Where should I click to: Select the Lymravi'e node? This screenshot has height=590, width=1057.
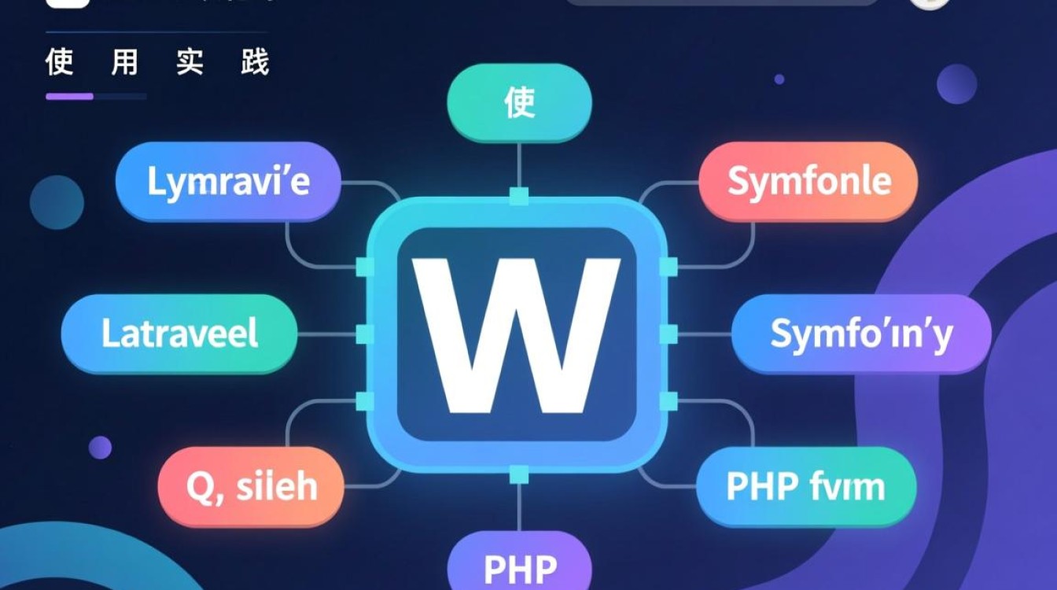228,183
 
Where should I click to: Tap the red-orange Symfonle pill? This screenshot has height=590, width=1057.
808,182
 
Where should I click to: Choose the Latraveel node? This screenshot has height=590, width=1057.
179,334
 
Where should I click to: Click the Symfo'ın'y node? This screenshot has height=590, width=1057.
860,334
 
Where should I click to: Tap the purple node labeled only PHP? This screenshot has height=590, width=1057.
519,565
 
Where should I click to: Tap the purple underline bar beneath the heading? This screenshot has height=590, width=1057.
70,97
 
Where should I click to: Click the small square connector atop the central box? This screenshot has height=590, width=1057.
518,196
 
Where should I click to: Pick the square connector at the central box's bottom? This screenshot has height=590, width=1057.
518,474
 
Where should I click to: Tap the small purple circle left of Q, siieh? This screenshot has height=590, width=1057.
100,448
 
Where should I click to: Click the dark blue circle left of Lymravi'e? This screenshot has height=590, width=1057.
57,202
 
